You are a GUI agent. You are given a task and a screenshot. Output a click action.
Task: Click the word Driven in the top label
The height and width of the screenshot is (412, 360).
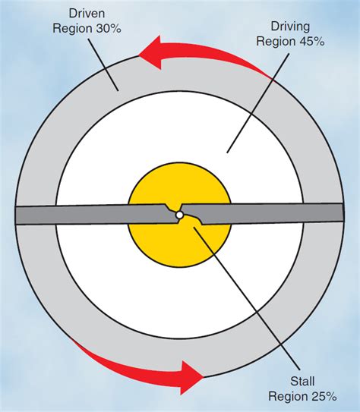pyautogui.click(x=87, y=14)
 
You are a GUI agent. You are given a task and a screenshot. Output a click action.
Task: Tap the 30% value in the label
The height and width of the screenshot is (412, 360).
pyautogui.click(x=109, y=28)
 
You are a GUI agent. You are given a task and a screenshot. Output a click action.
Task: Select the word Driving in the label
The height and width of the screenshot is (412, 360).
pyautogui.click(x=290, y=27)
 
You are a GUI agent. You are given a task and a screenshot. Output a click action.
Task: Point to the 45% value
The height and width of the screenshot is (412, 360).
pyautogui.click(x=311, y=41)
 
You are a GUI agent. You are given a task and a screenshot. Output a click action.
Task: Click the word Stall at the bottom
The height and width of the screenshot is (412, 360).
pyautogui.click(x=302, y=381)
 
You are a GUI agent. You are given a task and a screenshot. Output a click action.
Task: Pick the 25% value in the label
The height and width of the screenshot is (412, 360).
pyautogui.click(x=324, y=396)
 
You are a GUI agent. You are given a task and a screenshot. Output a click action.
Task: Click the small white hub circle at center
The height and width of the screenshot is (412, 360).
pyautogui.click(x=179, y=215)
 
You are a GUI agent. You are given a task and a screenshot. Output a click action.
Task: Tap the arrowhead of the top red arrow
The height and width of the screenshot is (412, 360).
pyautogui.click(x=150, y=53)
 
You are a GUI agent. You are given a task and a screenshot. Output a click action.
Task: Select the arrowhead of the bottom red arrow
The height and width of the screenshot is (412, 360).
pyautogui.click(x=192, y=377)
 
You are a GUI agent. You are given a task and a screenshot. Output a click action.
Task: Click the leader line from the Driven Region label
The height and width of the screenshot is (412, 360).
pyautogui.click(x=103, y=65)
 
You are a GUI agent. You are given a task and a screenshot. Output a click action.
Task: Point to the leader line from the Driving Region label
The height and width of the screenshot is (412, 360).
pyautogui.click(x=258, y=103)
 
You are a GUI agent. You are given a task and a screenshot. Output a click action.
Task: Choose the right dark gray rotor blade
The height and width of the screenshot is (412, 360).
pyautogui.click(x=262, y=214)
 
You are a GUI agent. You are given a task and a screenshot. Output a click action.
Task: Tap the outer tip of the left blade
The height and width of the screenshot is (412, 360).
pyautogui.click(x=15, y=215)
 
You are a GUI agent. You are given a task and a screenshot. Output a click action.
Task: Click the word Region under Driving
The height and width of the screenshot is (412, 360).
pyautogui.click(x=276, y=41)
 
